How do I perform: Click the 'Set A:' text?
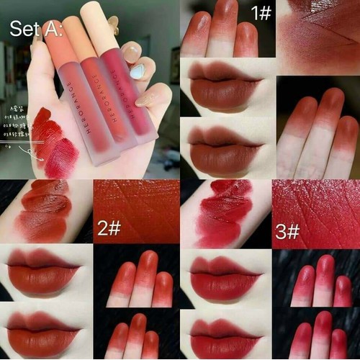[x=36, y=30]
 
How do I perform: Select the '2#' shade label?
[x=109, y=229]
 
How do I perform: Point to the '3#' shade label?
[x=287, y=231]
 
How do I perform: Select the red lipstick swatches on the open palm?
[x=54, y=144]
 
